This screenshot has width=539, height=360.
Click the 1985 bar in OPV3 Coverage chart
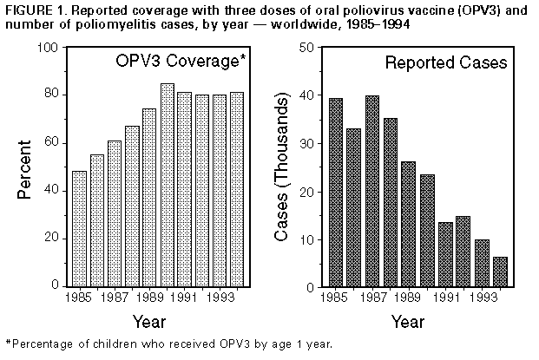coord(79,228)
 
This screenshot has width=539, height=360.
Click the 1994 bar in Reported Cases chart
coord(499,272)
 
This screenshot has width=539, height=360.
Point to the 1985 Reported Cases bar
coord(336,192)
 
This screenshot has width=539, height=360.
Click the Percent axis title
coord(26,167)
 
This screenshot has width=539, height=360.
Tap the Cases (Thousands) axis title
coord(283,167)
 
